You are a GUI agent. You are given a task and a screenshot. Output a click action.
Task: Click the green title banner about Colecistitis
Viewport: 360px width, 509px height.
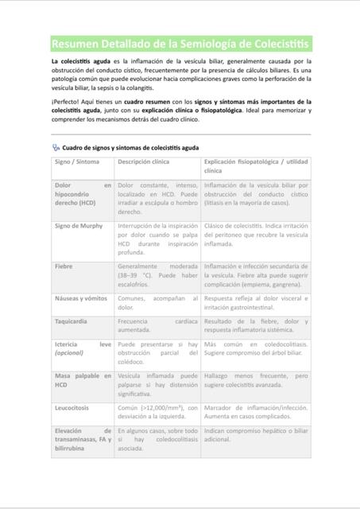tap(180, 43)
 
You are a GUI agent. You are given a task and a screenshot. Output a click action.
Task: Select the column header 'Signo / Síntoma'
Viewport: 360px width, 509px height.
tap(77, 161)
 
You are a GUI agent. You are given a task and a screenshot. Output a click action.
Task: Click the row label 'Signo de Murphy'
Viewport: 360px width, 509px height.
tap(79, 226)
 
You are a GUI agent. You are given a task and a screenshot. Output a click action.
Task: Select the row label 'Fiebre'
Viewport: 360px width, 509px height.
tap(64, 266)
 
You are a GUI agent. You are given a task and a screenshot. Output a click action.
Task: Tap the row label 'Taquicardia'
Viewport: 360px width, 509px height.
tap(71, 322)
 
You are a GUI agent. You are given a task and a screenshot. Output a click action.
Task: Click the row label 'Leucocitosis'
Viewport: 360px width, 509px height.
tap(72, 407)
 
